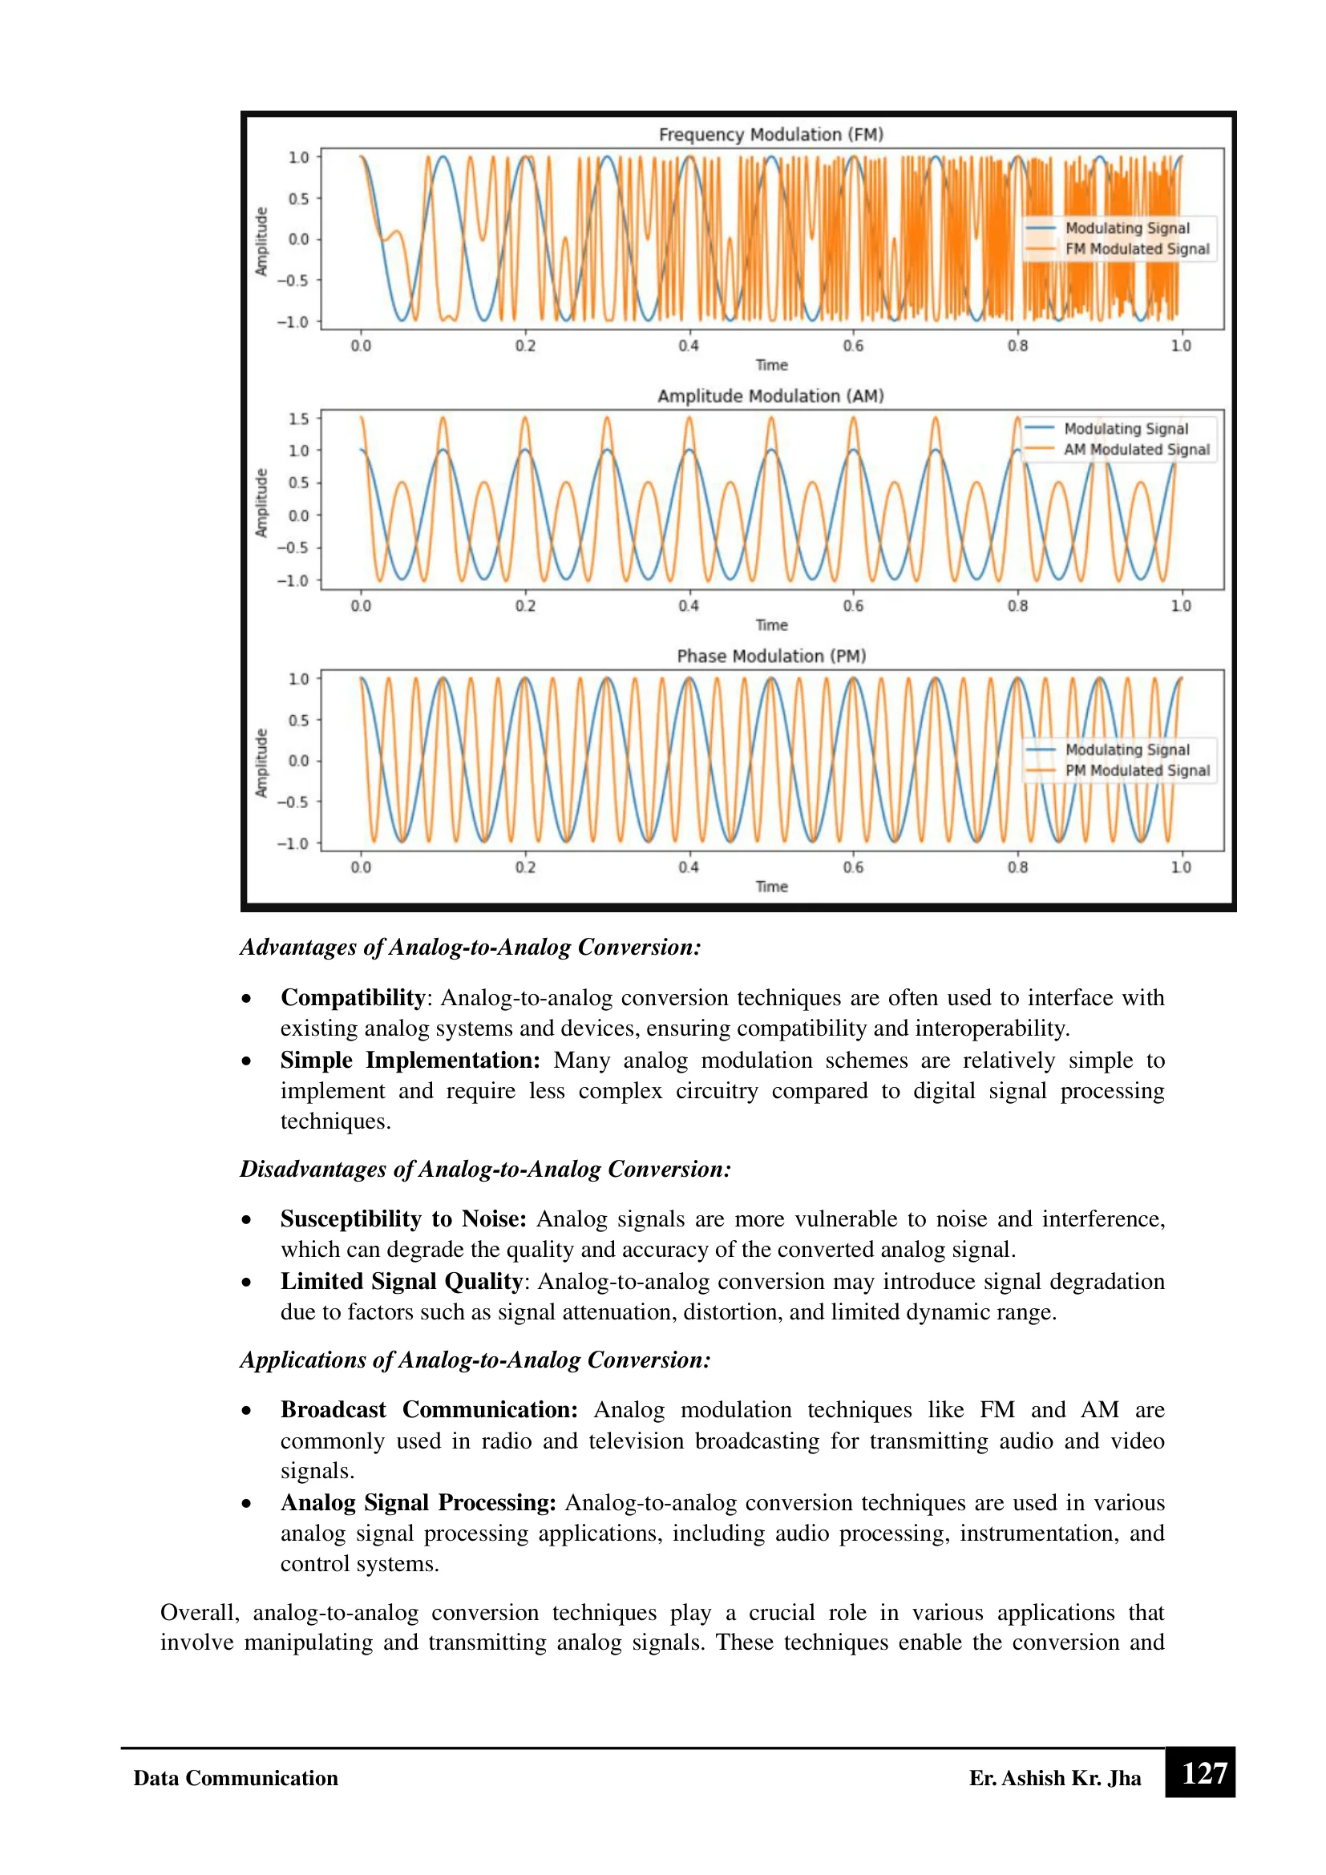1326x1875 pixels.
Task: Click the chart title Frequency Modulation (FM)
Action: click(x=770, y=135)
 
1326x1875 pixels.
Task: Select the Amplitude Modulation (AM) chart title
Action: click(x=770, y=396)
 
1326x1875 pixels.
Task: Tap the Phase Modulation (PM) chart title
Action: click(x=770, y=656)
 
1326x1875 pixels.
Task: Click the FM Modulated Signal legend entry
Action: click(x=1137, y=249)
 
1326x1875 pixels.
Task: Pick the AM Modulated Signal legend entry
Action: click(x=1136, y=449)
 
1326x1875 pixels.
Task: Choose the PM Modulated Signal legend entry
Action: click(x=1137, y=770)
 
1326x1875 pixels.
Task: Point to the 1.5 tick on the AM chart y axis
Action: click(x=299, y=419)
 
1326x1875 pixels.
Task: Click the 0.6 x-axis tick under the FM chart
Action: click(x=852, y=346)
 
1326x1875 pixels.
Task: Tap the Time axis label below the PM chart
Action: click(x=771, y=886)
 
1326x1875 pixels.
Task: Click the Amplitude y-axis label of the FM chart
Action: click(x=261, y=241)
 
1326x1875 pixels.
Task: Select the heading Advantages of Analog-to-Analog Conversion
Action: click(x=471, y=948)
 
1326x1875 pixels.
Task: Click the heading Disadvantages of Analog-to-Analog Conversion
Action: click(x=485, y=1170)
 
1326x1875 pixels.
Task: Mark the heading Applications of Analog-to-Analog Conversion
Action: click(x=475, y=1360)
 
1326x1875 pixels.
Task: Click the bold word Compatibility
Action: click(x=353, y=998)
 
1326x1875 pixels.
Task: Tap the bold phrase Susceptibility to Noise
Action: click(x=403, y=1219)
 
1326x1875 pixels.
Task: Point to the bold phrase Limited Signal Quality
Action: click(x=401, y=1281)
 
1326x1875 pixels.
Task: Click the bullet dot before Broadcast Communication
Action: click(x=247, y=1410)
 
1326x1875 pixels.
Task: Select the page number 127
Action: click(x=1204, y=1774)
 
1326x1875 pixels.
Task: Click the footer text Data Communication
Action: click(x=236, y=1779)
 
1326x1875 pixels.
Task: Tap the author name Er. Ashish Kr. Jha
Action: click(x=1054, y=1779)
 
